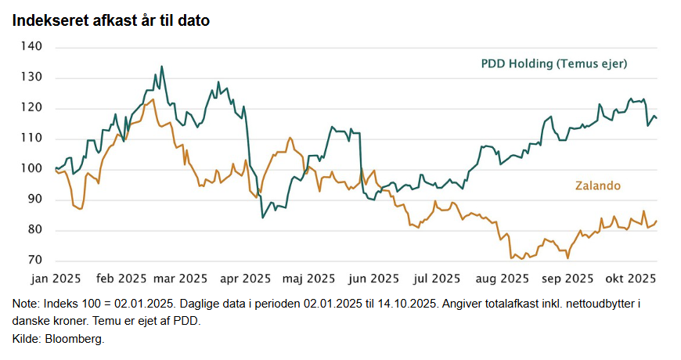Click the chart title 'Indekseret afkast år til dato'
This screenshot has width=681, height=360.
(x=110, y=21)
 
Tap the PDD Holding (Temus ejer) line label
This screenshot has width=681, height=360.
(x=554, y=63)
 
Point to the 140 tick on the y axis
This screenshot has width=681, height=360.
(x=32, y=47)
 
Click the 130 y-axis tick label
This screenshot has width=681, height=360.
(x=32, y=77)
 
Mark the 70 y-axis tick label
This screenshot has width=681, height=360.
(x=35, y=260)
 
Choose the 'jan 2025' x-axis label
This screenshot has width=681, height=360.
(x=56, y=278)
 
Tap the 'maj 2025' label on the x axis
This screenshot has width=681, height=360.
(x=309, y=278)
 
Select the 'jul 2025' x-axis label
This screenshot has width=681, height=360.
(x=436, y=278)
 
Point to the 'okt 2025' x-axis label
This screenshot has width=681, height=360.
(x=629, y=278)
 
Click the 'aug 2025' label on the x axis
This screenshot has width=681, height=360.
(x=502, y=278)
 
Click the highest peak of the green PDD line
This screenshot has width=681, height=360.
(x=161, y=67)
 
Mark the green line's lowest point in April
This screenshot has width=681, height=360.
(x=262, y=217)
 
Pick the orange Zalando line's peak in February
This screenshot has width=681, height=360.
(x=153, y=99)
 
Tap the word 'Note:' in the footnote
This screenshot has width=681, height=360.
(x=27, y=303)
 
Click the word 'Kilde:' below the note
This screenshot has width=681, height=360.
(x=27, y=339)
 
